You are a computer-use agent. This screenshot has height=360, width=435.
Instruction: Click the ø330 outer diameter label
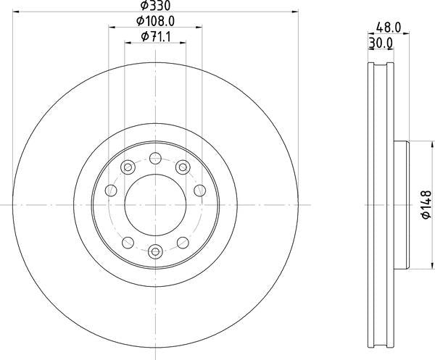pyautogui.click(x=155, y=6)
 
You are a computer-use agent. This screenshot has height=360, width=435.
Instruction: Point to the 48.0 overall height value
pyautogui.click(x=389, y=27)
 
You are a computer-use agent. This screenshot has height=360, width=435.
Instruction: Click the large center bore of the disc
pyautogui.click(x=155, y=205)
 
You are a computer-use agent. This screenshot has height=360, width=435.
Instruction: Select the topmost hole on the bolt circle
pyautogui.click(x=155, y=157)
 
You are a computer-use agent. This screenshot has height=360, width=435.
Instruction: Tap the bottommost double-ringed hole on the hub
pyautogui.click(x=155, y=252)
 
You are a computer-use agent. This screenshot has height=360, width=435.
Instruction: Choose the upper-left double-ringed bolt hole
pyautogui.click(x=127, y=167)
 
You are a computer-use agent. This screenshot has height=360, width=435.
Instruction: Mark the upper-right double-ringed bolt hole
pyautogui.click(x=183, y=167)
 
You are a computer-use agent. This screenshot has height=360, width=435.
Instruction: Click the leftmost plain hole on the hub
pyautogui.click(x=111, y=191)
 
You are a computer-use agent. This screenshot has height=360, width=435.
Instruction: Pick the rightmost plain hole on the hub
pyautogui.click(x=199, y=191)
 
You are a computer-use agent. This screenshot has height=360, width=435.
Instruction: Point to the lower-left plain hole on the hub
pyautogui.click(x=127, y=242)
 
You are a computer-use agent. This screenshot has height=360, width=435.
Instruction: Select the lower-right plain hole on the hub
pyautogui.click(x=183, y=242)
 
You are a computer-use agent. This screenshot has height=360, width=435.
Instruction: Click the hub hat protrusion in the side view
pyautogui.click(x=402, y=205)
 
